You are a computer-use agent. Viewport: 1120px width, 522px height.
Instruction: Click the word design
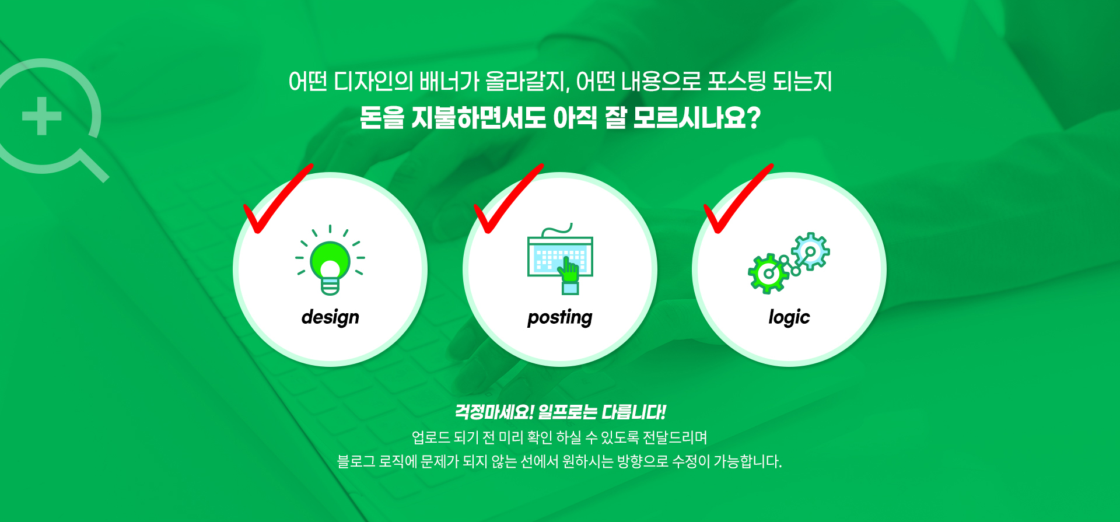pyautogui.click(x=330, y=317)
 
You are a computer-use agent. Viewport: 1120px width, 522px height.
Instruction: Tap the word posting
pyautogui.click(x=559, y=317)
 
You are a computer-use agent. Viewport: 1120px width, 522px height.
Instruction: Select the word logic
pyautogui.click(x=789, y=317)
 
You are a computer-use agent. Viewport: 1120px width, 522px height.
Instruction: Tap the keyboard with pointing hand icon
pyautogui.click(x=561, y=259)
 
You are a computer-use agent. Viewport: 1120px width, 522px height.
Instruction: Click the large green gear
pyautogui.click(x=769, y=273)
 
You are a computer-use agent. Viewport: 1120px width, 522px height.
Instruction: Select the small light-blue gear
pyautogui.click(x=810, y=251)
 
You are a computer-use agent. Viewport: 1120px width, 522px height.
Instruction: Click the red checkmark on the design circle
pyautogui.click(x=278, y=198)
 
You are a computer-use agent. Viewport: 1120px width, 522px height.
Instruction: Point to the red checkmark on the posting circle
pyautogui.click(x=508, y=198)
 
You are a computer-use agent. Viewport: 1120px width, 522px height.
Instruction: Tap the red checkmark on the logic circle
pyautogui.click(x=738, y=198)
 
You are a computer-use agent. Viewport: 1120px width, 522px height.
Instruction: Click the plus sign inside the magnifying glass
pyautogui.click(x=42, y=116)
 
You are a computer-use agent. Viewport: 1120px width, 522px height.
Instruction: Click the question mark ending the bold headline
pyautogui.click(x=753, y=118)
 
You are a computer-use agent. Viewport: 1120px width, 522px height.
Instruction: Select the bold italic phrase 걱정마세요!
pyautogui.click(x=494, y=412)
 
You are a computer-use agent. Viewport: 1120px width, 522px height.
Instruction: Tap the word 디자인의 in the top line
pyautogui.click(x=373, y=82)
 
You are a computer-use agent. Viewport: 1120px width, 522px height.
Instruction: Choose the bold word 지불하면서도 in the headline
pyautogui.click(x=478, y=118)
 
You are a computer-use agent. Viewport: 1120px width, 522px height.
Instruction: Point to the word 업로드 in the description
pyautogui.click(x=430, y=437)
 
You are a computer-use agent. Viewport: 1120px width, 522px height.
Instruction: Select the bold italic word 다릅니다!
pyautogui.click(x=634, y=412)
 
